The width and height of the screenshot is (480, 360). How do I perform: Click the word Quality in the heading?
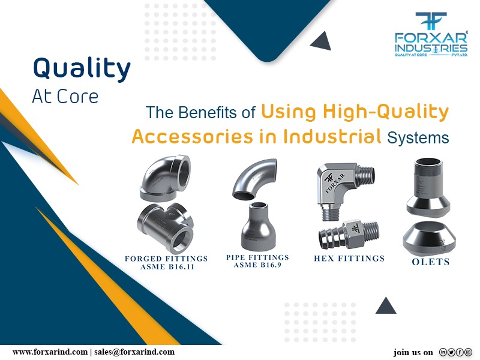pos(81,69)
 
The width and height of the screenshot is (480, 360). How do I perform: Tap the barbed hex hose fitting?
pos(348,235)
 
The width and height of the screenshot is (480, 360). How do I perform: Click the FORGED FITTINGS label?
pos(166,259)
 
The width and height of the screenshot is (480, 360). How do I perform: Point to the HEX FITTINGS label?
pos(349,259)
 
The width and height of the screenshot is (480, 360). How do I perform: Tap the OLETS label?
pos(431,262)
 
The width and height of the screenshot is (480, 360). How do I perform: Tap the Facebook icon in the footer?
pos(461,352)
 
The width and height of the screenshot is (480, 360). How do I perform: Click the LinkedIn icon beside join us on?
pos(444,352)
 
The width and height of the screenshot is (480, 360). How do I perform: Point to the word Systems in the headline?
pos(418,138)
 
